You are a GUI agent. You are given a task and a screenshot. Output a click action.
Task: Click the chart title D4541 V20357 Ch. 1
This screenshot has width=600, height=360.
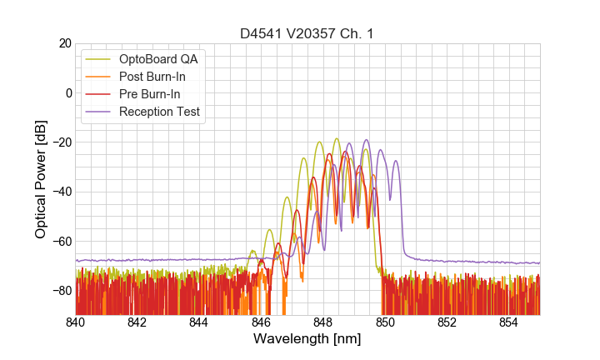click(x=307, y=33)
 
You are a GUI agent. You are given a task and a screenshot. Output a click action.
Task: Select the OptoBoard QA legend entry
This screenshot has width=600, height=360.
click(x=158, y=59)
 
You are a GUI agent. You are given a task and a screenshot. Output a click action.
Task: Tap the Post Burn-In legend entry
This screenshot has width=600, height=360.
click(x=158, y=77)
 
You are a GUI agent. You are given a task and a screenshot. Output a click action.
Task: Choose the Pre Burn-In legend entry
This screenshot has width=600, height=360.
click(x=156, y=94)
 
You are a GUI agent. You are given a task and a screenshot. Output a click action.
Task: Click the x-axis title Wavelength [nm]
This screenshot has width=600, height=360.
click(x=307, y=339)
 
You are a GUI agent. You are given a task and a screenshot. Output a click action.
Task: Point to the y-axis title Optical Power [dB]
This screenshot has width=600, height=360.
click(x=41, y=179)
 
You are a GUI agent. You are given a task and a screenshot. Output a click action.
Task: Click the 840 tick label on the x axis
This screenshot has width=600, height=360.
click(x=76, y=322)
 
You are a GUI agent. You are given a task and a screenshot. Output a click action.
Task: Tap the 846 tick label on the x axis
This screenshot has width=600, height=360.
click(x=262, y=322)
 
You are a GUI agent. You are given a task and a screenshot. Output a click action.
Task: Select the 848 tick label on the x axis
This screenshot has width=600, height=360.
click(x=323, y=322)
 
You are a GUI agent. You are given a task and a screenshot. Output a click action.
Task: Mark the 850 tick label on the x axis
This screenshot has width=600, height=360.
click(x=385, y=322)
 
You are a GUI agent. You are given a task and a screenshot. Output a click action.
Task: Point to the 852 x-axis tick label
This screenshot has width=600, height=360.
click(x=447, y=322)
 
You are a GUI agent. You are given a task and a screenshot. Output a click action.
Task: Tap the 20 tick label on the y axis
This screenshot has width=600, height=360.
click(x=63, y=43)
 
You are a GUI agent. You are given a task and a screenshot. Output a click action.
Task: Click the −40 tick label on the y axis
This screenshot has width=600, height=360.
click(x=59, y=192)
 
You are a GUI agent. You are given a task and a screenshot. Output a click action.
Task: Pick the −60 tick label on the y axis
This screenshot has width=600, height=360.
click(x=59, y=241)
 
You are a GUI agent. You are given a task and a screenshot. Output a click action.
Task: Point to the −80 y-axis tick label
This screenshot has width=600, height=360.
click(x=59, y=290)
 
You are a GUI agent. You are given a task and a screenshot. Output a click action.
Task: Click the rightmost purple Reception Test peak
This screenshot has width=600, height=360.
click(x=396, y=162)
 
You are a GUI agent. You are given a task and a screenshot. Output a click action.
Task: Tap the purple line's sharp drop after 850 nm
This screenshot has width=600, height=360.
click(x=402, y=225)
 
